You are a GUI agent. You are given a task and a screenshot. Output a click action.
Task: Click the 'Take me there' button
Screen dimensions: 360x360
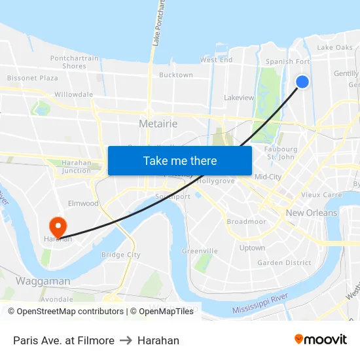pos(180,160)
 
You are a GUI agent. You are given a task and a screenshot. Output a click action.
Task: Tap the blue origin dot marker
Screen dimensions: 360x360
pos(302,81)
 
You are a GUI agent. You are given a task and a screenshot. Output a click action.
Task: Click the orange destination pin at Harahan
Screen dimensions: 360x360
pos(58,226)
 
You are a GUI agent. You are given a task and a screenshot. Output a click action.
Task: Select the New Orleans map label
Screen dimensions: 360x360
pos(312,213)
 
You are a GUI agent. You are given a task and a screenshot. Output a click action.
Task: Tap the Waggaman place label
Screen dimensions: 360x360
pos(43,281)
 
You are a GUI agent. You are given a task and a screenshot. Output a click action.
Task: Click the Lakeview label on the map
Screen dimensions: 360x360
pos(239,98)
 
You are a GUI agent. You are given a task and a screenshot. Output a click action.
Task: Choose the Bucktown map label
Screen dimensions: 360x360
pos(176,75)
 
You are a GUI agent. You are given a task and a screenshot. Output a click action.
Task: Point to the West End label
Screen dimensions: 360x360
pos(216,60)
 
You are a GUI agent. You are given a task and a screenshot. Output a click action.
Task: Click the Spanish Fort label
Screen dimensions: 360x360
pos(287,62)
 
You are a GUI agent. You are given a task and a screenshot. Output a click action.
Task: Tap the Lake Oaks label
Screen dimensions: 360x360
pos(334,47)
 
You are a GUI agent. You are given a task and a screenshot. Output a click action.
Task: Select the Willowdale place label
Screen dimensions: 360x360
pos(73,94)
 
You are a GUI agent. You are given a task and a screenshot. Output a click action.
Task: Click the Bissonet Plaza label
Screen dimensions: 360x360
pos(33,78)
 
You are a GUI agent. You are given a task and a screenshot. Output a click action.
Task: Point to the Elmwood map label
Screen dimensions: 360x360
pos(83,204)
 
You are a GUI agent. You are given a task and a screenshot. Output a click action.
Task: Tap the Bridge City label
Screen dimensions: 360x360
pos(121,255)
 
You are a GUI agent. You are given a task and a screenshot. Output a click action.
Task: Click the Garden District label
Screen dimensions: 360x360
pos(284,262)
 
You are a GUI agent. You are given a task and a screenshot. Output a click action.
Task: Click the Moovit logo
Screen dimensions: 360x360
pos(321,339)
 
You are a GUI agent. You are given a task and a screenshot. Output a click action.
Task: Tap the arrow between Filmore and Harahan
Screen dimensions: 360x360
pos(126,340)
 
